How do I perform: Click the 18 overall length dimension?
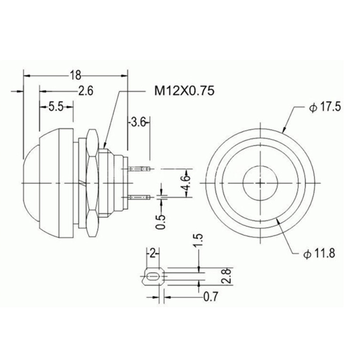[x=75, y=75]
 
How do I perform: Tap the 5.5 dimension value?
[x=55, y=106]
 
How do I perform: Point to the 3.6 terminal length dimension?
[x=137, y=121]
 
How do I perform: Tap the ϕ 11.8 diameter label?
[x=321, y=254]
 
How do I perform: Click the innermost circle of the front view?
[x=260, y=182]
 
